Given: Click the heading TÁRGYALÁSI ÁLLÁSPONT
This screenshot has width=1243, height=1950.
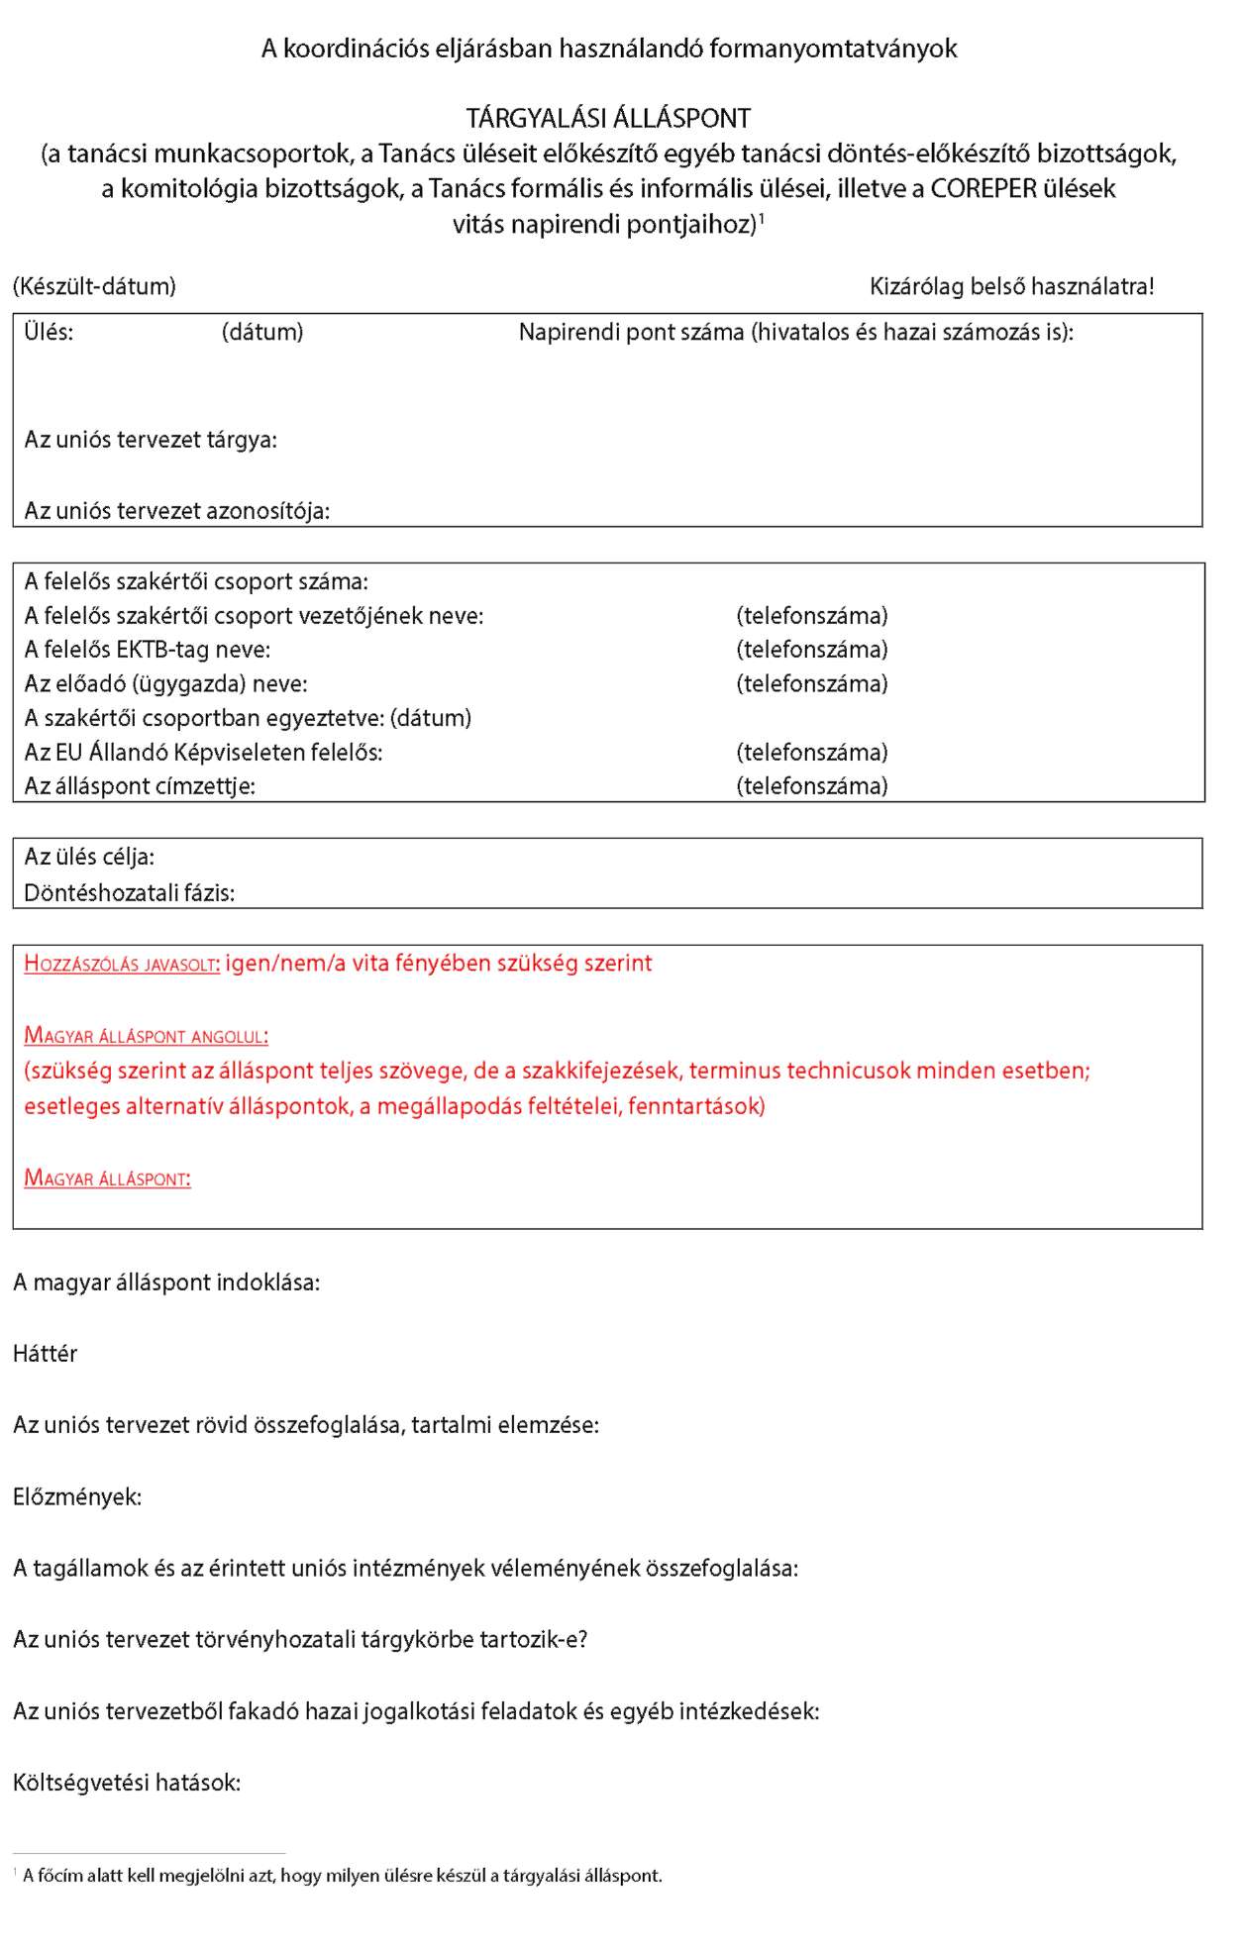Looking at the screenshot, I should [608, 119].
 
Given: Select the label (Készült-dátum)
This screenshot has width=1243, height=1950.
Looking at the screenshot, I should [94, 287].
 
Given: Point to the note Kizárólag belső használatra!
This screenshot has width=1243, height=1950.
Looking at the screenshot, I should [1011, 287].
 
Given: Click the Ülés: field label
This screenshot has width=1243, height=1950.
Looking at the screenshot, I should [49, 333].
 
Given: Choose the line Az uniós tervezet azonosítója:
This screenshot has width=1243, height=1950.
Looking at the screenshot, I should [176, 511].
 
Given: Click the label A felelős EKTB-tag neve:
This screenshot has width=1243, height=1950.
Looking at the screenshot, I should [147, 650].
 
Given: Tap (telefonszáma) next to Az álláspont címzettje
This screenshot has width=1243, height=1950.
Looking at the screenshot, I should [811, 786].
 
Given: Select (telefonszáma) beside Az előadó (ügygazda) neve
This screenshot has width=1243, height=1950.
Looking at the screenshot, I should [811, 684].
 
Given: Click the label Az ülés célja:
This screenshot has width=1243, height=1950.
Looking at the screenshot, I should [89, 857].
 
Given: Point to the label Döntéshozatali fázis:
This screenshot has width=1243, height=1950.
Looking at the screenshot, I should [129, 893].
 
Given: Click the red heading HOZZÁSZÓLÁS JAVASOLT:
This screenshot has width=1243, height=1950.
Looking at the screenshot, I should [122, 965].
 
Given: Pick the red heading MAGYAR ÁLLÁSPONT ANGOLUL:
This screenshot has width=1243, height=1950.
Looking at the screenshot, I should [146, 1037].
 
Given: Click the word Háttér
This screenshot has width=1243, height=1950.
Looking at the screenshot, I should [45, 1354].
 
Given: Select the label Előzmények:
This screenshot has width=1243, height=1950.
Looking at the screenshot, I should [77, 1496].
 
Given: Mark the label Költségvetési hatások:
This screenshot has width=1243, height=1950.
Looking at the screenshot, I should [127, 1783].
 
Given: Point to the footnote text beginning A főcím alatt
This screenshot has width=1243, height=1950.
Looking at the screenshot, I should [342, 1875].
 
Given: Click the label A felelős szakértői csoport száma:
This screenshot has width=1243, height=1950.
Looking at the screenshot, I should [196, 582].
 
